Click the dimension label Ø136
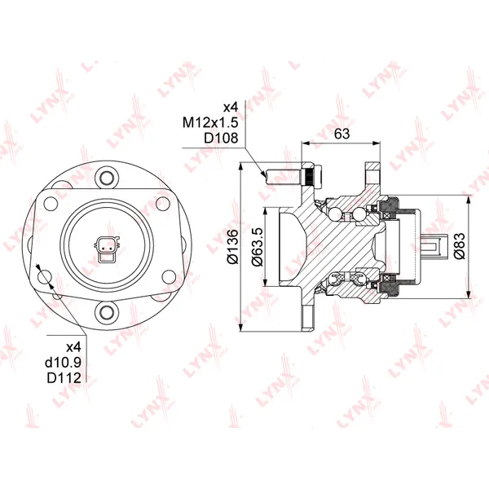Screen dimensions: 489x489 point(232,247)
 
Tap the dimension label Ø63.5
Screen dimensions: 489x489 point(258,247)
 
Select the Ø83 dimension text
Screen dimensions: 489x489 point(460,246)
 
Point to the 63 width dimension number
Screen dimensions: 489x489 point(341,134)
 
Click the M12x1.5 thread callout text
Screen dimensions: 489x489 point(210,122)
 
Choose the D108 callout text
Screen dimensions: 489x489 point(221,138)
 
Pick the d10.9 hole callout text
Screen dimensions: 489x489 point(63,363)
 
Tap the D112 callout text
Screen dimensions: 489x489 point(64,378)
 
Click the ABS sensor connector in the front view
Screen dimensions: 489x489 point(106,249)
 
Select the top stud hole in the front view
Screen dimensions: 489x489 point(107,178)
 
